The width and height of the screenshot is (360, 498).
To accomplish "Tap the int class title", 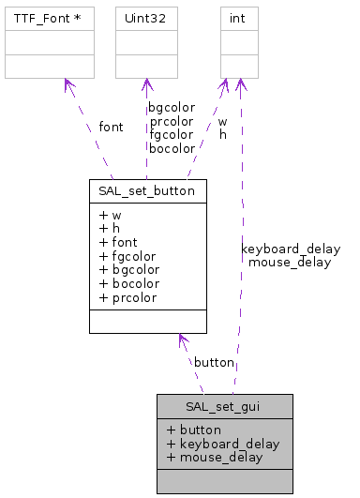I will (239, 18).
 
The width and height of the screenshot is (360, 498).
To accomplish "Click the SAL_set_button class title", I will (147, 189).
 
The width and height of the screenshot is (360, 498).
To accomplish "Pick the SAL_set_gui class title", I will (225, 406).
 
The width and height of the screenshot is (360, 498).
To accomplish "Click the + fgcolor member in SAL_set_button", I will (127, 255).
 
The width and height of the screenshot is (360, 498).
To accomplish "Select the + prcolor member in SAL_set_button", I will (127, 297).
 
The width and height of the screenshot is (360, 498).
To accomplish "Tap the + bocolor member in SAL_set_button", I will (127, 283).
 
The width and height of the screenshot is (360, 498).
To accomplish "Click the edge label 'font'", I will (110, 127).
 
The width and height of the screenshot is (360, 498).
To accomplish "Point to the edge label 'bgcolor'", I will (172, 107).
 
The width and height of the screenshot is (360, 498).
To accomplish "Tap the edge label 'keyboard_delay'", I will (291, 249).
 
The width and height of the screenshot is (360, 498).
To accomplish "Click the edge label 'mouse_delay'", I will (290, 263).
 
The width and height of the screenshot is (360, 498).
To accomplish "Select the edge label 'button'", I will (214, 362).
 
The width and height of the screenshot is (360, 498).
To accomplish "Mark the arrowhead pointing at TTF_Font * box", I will (67, 85).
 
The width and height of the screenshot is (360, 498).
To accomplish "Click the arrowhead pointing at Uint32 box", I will (146, 84).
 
